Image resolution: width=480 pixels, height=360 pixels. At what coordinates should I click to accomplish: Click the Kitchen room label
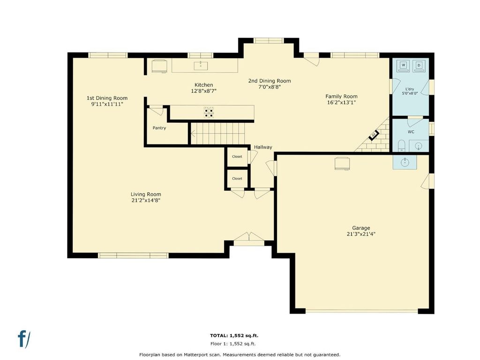point(203,85)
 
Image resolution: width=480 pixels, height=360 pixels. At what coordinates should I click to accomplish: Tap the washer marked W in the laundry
point(403,66)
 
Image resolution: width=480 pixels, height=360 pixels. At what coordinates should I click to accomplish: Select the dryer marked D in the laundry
point(419,66)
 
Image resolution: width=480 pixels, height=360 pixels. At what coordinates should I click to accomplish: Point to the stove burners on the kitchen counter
point(209,112)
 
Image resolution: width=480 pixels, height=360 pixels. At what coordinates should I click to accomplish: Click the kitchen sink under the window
point(201,66)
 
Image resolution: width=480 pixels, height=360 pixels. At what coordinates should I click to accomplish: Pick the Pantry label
point(159,128)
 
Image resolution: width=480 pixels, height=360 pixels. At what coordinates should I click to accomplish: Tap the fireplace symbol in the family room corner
point(374,135)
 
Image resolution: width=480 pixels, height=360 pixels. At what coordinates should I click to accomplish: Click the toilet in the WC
point(401,146)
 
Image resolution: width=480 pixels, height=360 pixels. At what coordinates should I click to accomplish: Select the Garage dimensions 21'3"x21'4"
point(361,234)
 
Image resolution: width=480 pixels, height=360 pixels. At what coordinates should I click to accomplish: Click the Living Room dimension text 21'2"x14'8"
point(146,201)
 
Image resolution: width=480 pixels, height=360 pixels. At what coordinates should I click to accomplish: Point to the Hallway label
point(263,147)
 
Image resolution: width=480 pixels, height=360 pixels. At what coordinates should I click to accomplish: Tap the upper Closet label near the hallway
point(237,157)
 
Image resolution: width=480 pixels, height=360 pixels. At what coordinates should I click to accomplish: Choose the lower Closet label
point(237,179)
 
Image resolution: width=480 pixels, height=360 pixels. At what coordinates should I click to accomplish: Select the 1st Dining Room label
point(107,98)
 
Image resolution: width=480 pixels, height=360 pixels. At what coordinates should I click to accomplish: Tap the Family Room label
point(341,97)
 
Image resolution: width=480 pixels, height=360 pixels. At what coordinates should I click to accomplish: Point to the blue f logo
point(24,339)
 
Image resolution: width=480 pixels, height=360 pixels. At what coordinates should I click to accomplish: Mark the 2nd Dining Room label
point(270,81)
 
